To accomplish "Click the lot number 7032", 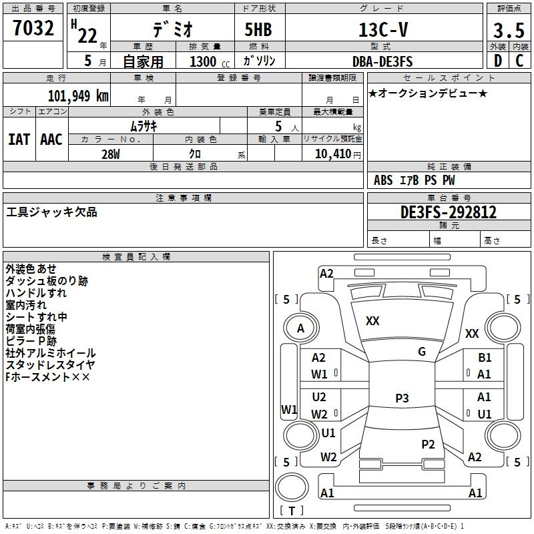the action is [x=33, y=28].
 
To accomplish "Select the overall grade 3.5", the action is [x=509, y=31].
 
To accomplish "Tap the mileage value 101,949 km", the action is [x=78, y=96].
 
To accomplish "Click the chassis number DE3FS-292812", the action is [x=449, y=212].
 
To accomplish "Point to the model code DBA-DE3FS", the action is [x=382, y=61].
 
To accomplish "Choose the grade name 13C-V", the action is [x=383, y=30].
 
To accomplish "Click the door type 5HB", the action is [x=258, y=29].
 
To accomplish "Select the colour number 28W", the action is [x=111, y=154].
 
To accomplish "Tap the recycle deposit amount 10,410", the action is [x=333, y=154].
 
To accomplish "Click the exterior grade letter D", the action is [x=498, y=61].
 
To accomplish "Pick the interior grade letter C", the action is [x=519, y=61].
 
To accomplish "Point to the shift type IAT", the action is [x=19, y=140].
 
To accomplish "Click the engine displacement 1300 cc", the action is [x=210, y=61].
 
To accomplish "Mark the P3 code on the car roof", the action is [x=402, y=398].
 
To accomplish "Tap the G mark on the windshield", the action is [x=422, y=352].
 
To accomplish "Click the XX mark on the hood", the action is [x=372, y=321].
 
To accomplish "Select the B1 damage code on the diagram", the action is [x=485, y=358].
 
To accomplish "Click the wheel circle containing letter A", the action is [x=301, y=328].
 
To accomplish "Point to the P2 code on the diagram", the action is [x=428, y=445].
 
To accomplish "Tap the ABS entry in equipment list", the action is [x=383, y=180].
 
